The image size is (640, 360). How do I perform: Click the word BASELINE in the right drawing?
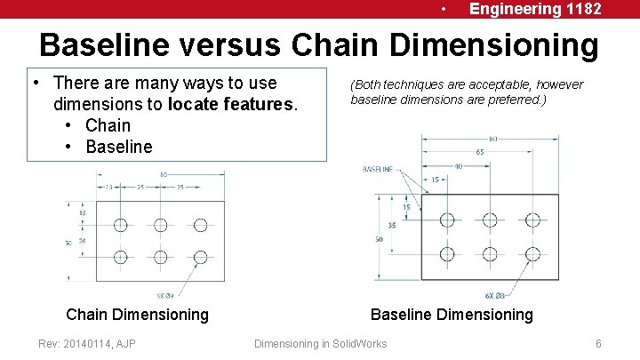(378, 169)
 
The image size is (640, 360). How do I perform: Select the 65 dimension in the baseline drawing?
(480, 152)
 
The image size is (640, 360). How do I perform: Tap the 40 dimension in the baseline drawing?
(457, 165)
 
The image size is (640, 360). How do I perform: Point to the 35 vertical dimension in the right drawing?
(392, 225)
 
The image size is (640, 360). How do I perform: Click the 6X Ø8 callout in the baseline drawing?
(495, 295)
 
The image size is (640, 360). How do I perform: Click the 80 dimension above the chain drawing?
(164, 175)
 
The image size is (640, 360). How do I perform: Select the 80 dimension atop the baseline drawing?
(492, 139)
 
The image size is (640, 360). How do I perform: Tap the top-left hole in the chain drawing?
(121, 224)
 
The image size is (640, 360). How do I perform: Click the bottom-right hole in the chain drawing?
(200, 257)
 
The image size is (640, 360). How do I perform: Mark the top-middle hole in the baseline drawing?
(490, 219)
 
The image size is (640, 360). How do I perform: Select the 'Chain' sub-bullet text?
(108, 125)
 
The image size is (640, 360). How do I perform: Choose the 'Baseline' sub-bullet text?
(119, 147)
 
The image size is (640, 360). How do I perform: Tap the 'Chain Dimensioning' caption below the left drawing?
(138, 314)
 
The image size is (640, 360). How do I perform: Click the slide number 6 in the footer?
(599, 343)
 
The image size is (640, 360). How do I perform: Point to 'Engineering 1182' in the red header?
(535, 9)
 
